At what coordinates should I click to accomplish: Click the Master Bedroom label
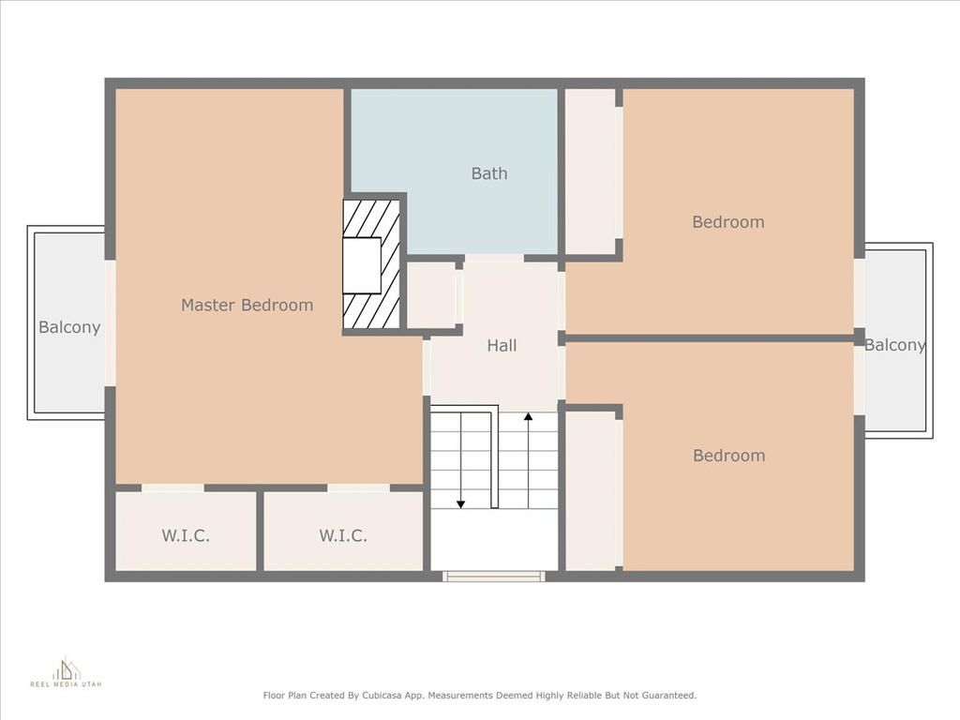[x=247, y=305]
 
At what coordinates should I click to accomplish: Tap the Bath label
[x=489, y=173]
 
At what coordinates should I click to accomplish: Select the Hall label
[x=502, y=346]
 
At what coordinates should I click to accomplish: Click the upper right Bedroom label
[x=727, y=221]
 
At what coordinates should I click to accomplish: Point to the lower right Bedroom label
[x=728, y=456]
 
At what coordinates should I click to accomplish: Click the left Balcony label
[x=69, y=327]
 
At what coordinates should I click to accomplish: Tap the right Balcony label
[x=894, y=345]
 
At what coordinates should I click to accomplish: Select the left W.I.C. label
[x=186, y=535]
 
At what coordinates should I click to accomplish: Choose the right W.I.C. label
[x=343, y=535]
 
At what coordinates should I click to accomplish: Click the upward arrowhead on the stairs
[x=529, y=417]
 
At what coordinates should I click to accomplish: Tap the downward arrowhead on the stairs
[x=460, y=504]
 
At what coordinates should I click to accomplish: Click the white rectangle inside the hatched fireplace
[x=362, y=265]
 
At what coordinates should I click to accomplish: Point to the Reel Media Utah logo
[x=67, y=671]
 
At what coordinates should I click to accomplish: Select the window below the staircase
[x=494, y=577]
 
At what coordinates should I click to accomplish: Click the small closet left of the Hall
[x=431, y=295]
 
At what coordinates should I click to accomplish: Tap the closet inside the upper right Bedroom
[x=591, y=172]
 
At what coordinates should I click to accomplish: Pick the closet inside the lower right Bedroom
[x=591, y=491]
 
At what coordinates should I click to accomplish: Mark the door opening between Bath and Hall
[x=493, y=259]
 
